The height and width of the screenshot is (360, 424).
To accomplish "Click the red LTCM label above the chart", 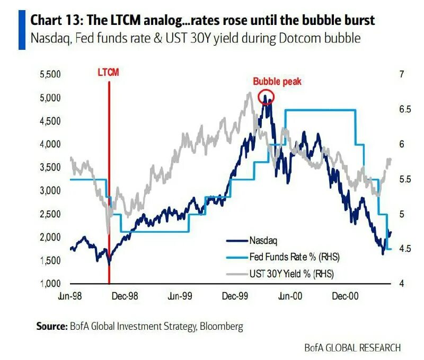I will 109,73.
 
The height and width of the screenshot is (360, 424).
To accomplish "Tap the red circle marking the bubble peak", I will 266,96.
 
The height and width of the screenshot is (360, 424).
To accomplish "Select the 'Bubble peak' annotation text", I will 277,82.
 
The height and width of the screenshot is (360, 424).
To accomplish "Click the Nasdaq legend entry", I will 263,240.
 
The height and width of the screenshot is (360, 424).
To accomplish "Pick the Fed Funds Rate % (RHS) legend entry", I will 294,257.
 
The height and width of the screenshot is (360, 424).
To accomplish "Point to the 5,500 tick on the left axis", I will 51,75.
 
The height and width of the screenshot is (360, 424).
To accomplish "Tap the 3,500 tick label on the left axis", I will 51,168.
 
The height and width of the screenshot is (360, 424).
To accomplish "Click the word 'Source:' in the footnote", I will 51,326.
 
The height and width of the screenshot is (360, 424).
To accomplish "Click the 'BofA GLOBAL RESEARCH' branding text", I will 352,348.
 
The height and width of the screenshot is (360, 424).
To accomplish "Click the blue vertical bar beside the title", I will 22,30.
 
